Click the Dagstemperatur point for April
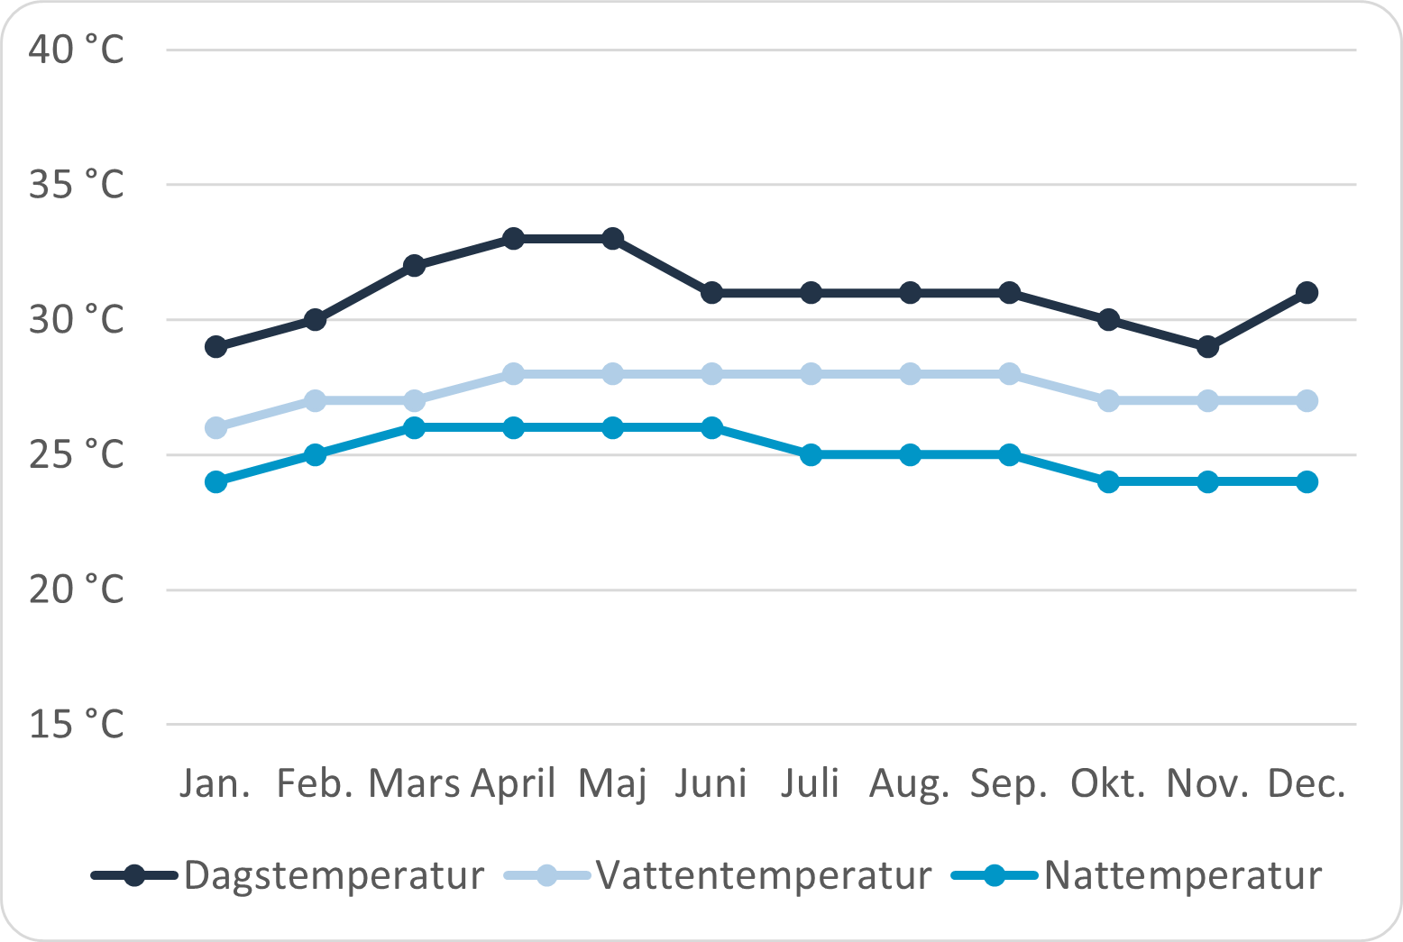coord(513,239)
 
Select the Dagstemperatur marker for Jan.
coord(215,347)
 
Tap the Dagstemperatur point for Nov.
coord(1207,347)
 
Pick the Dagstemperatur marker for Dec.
coord(1307,293)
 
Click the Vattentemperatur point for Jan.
coord(215,427)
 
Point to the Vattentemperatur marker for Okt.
coord(1108,400)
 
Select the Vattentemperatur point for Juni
coord(711,374)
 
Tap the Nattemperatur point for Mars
coord(414,427)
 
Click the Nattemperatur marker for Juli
coord(811,454)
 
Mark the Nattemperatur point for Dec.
coord(1307,481)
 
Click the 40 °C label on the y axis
coord(76,50)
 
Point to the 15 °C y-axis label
coord(76,724)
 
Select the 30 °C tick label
coord(76,319)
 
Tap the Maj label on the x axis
coord(612,783)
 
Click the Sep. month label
coord(1009,783)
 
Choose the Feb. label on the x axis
coord(314,783)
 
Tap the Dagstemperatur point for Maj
coord(612,239)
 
